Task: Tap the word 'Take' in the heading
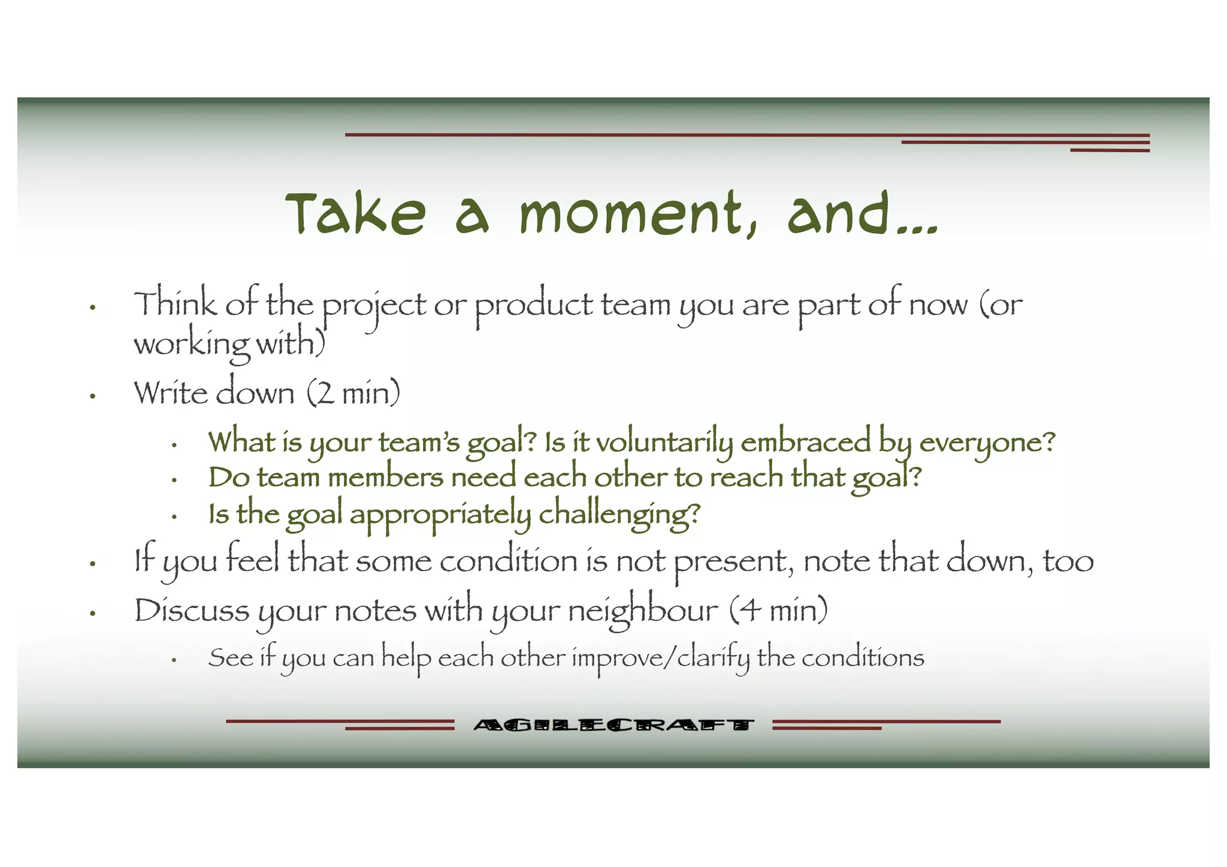[356, 213]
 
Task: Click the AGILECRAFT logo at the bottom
[613, 726]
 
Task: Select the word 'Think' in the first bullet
[174, 303]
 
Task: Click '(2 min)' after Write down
[353, 393]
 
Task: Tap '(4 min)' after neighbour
[779, 611]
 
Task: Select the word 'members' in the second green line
[385, 478]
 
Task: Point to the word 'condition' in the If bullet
[509, 561]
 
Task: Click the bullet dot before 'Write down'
[93, 396]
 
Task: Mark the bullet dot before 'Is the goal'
[174, 516]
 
